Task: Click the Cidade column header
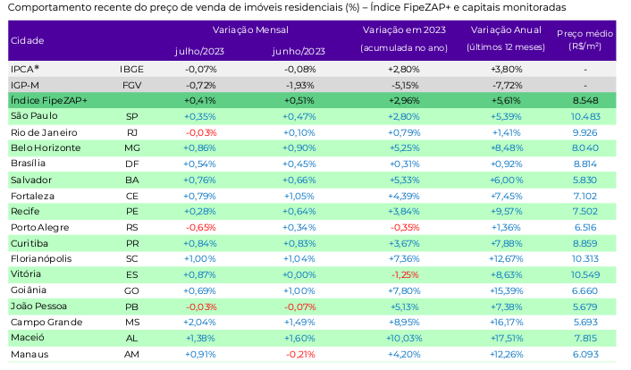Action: click(28, 40)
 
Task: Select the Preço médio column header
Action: click(585, 39)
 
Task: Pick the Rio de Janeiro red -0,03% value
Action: click(200, 132)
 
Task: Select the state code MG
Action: click(131, 147)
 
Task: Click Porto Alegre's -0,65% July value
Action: click(200, 228)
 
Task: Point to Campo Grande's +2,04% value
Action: click(200, 323)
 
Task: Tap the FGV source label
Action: click(131, 83)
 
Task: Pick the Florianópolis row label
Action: click(40, 258)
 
